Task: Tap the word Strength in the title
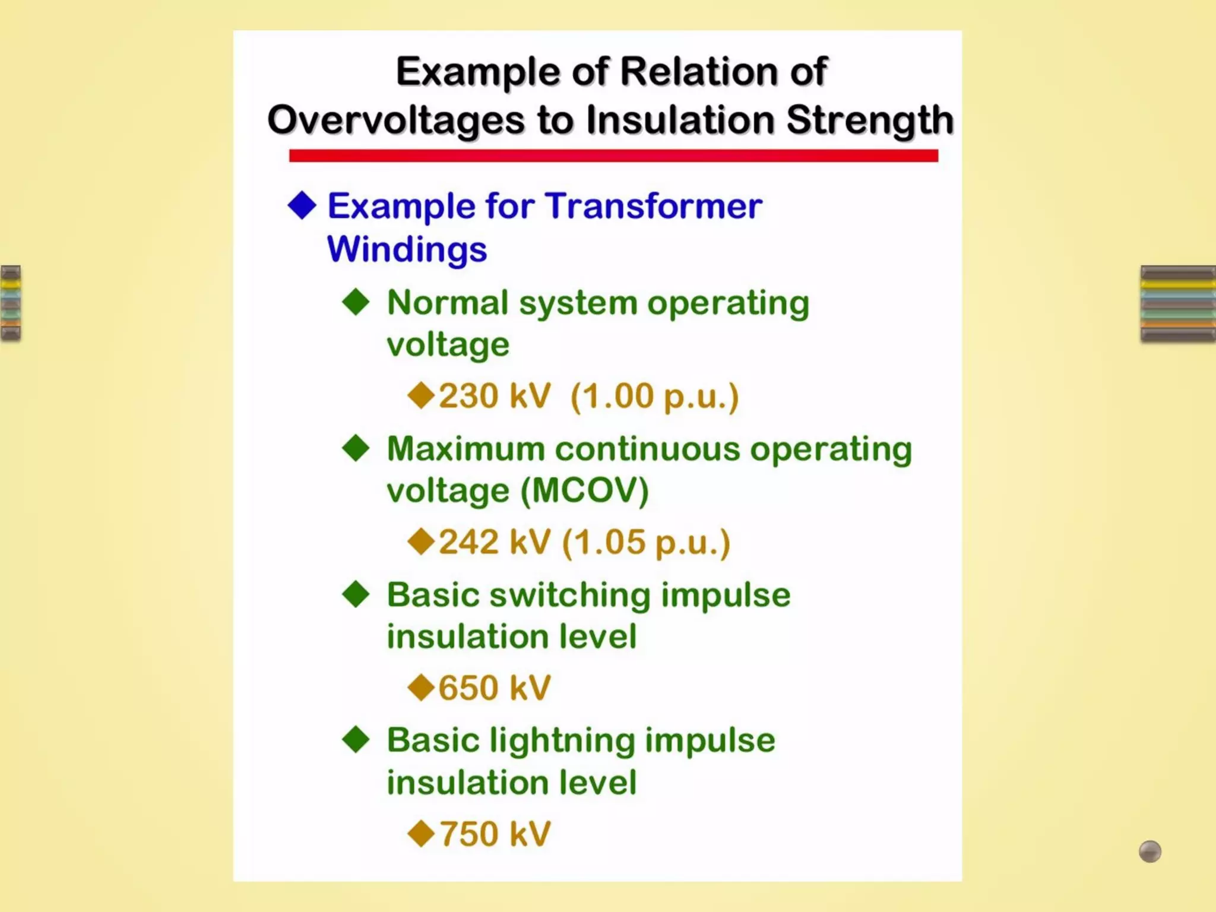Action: tap(870, 120)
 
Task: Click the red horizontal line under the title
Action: tap(613, 156)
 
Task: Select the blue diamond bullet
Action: tap(302, 205)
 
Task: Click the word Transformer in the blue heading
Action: tap(654, 206)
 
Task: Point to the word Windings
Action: tap(407, 249)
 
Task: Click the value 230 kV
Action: tap(495, 396)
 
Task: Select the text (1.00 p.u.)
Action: tap(654, 396)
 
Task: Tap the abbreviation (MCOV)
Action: tap(585, 490)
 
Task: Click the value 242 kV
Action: tap(495, 542)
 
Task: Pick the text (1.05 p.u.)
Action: tap(646, 542)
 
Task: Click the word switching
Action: tap(570, 595)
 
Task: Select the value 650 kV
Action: tap(495, 688)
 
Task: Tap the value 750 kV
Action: tap(495, 834)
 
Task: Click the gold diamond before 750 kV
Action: tap(422, 833)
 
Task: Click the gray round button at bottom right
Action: tap(1149, 851)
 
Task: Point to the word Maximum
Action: tap(466, 449)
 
